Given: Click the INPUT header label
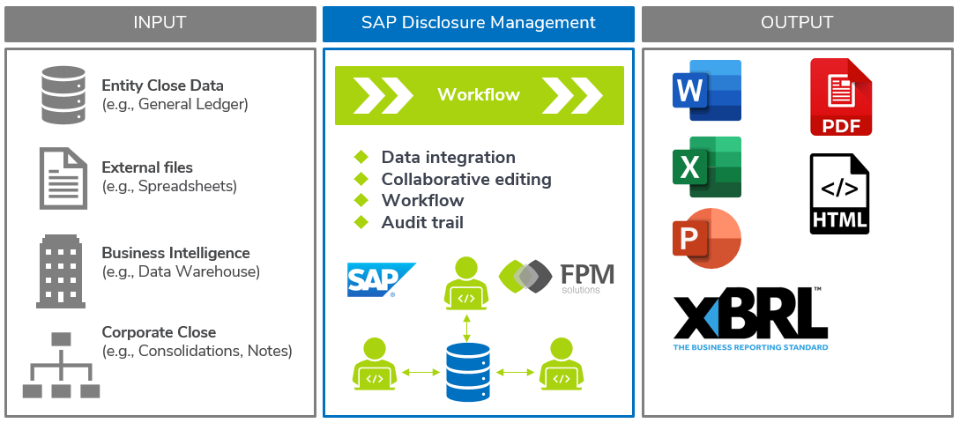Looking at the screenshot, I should pyautogui.click(x=160, y=23).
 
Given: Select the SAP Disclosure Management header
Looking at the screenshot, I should pyautogui.click(x=478, y=23).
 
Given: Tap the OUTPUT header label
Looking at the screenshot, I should pyautogui.click(x=797, y=23).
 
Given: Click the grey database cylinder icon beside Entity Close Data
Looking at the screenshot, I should pyautogui.click(x=64, y=95).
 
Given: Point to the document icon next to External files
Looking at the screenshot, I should pyautogui.click(x=63, y=177).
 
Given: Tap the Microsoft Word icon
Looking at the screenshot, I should pyautogui.click(x=706, y=90).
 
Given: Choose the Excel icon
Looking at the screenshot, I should pyautogui.click(x=706, y=167).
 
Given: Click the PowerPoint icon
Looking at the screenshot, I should pyautogui.click(x=706, y=238).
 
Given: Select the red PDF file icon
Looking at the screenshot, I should pyautogui.click(x=841, y=97).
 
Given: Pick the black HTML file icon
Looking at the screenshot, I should pyautogui.click(x=839, y=195).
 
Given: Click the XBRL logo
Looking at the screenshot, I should pyautogui.click(x=750, y=318).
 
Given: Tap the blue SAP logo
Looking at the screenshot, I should pyautogui.click(x=380, y=279).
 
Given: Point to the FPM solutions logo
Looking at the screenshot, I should pyautogui.click(x=556, y=277).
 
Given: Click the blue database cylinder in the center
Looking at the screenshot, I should pyautogui.click(x=466, y=371).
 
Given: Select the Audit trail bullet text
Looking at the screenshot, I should pyautogui.click(x=422, y=223).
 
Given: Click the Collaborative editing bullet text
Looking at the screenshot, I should pyautogui.click(x=465, y=179).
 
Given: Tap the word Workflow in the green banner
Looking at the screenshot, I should pyautogui.click(x=479, y=94).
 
